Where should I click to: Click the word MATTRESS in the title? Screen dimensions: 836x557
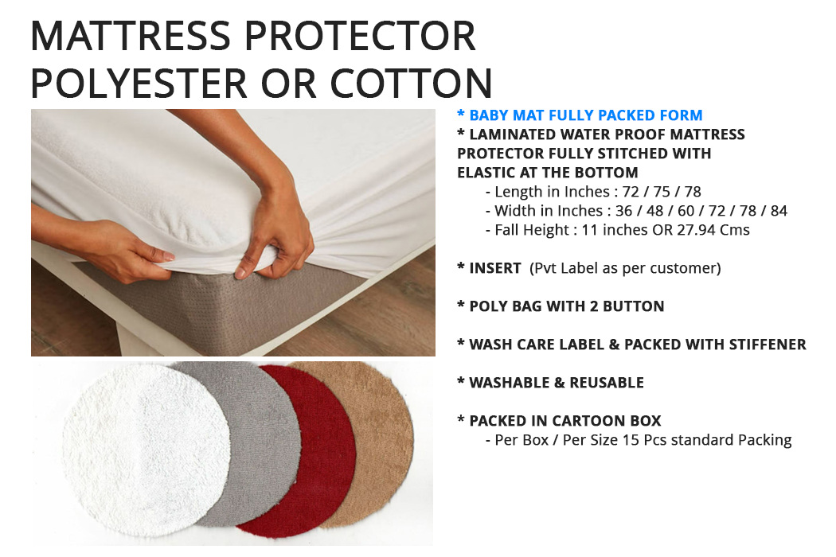pyautogui.click(x=131, y=36)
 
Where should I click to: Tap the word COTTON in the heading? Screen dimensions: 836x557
pyautogui.click(x=411, y=83)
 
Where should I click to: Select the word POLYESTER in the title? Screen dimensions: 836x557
pyautogui.click(x=139, y=83)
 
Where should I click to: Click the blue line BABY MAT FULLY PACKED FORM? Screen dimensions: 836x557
pyautogui.click(x=580, y=115)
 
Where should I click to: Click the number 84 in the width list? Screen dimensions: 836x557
pyautogui.click(x=779, y=211)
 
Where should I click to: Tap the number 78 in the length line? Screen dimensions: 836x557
pyautogui.click(x=693, y=192)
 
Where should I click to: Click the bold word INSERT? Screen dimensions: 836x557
pyautogui.click(x=494, y=268)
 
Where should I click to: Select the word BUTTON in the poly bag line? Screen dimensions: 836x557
pyautogui.click(x=634, y=306)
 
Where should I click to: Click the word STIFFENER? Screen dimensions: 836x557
pyautogui.click(x=768, y=345)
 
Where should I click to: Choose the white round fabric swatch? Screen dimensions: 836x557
pyautogui.click(x=146, y=450)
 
